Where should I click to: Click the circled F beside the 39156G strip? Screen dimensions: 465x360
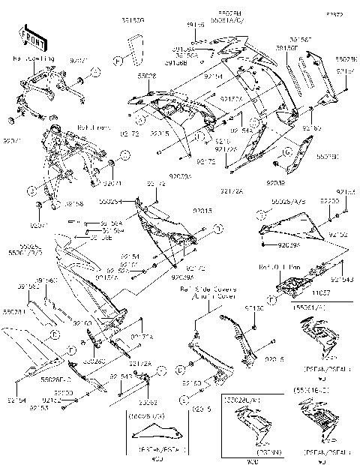click(x=118, y=58)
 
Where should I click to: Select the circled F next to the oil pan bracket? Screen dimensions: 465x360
click(x=270, y=298)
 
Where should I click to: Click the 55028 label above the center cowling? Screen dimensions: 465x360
click(x=147, y=76)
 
